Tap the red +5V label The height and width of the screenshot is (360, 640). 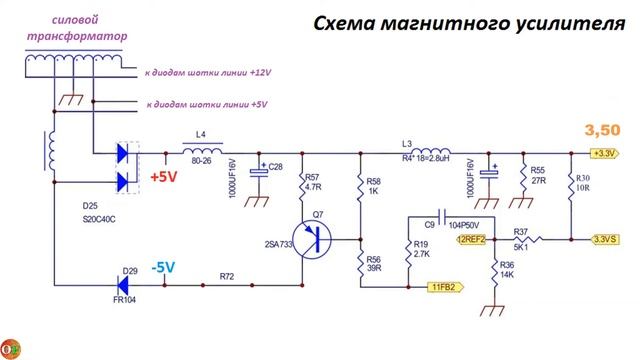[163, 178]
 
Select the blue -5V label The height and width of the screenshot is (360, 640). [163, 267]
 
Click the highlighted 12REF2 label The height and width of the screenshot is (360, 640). [471, 240]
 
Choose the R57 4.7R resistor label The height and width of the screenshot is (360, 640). [313, 181]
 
